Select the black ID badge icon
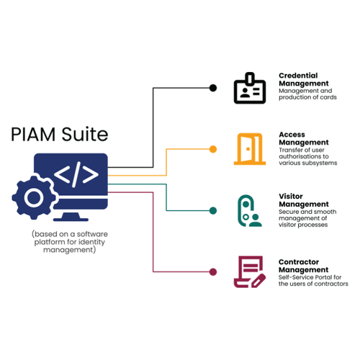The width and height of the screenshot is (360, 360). (249, 88)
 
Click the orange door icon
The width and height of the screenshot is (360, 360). (249, 149)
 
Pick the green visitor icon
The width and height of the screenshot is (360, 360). (249, 210)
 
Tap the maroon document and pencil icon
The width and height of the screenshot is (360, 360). (249, 272)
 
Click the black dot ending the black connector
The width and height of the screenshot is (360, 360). (212, 88)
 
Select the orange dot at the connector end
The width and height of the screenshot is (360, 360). (212, 149)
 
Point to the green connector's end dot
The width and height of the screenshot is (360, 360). (212, 210)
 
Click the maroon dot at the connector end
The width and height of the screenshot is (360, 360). (212, 271)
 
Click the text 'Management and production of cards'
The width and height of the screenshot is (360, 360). (305, 94)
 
